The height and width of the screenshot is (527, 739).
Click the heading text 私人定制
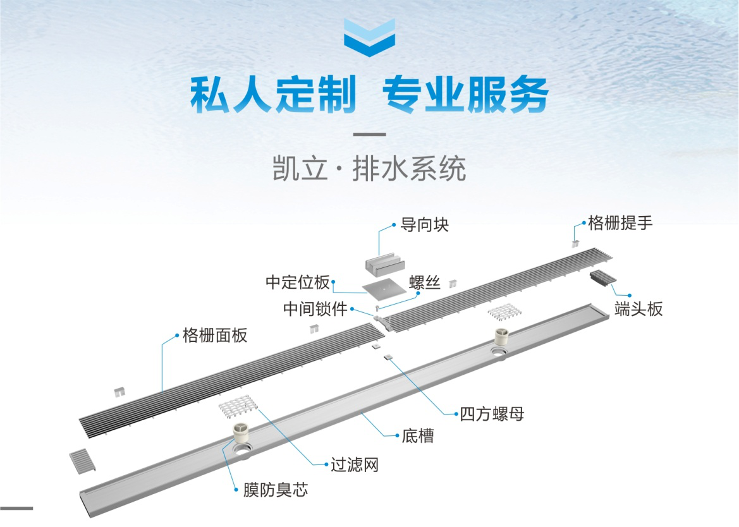coord(271,96)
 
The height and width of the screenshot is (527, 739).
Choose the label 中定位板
coord(297,282)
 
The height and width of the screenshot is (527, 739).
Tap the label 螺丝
coord(425,282)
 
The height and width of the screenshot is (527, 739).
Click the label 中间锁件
coord(315,310)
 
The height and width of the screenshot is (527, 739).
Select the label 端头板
coord(638,308)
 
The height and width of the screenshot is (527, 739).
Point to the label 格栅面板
coord(215,335)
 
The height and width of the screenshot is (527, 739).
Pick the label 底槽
coord(418,436)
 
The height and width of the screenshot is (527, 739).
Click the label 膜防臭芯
coord(276,490)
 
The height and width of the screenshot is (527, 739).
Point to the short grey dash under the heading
coord(369,135)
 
